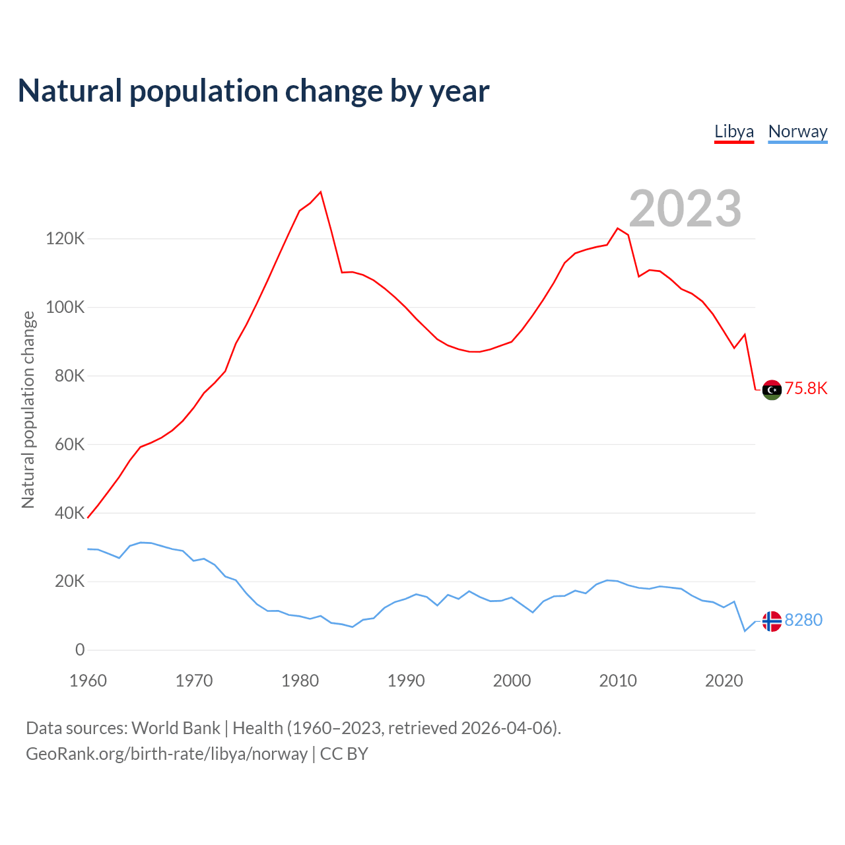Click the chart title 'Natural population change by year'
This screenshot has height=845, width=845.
253,91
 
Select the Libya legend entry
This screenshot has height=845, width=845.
734,131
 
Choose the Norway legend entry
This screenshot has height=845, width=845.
797,131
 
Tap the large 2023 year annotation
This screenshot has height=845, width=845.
685,209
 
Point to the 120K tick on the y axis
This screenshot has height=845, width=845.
65,238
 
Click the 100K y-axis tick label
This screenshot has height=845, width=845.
65,307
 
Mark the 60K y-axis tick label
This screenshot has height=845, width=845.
69,444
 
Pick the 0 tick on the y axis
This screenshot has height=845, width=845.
80,650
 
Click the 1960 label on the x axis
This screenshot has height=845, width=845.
88,681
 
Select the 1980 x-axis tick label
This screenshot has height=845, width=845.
300,681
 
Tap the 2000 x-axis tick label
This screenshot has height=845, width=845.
512,681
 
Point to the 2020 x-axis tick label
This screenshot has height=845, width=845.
724,681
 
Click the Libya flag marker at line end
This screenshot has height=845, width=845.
772,390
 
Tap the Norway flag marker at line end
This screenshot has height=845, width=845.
772,621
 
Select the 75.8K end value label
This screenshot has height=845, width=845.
806,388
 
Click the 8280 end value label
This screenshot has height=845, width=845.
803,621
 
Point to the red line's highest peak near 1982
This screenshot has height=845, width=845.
321,192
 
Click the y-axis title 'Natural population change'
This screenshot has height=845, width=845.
28,409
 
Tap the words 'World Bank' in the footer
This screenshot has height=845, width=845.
176,727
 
